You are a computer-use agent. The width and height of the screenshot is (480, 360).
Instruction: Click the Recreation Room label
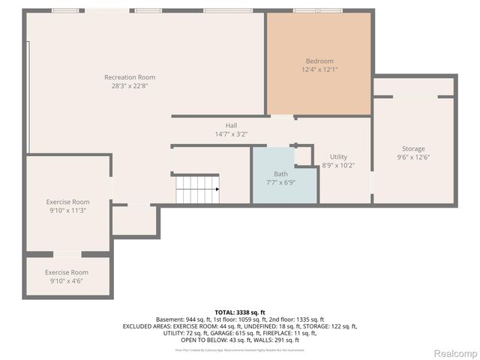coord(130,77)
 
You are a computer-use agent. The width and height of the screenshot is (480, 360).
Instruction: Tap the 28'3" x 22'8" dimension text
coord(130,85)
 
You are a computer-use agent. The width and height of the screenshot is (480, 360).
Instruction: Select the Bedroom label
coord(319,61)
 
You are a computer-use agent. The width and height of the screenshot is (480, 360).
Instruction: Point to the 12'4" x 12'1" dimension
coord(319,70)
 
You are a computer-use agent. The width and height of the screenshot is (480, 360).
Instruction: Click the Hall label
coord(231,125)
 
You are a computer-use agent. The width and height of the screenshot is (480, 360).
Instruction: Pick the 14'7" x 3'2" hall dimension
coord(231,133)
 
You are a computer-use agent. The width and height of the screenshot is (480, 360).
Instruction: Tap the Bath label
coord(280,174)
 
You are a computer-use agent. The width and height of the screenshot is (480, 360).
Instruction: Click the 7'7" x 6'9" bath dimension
coord(280,182)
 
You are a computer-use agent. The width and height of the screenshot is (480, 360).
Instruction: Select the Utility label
coord(338,157)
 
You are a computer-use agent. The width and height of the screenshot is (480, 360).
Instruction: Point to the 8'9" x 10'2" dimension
coord(338,165)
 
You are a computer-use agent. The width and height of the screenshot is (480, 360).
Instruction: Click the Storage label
coord(412,148)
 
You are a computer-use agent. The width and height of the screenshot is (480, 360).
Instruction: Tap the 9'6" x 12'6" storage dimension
coord(412,157)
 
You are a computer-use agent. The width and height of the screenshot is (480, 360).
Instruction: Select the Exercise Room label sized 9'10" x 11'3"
coord(67,202)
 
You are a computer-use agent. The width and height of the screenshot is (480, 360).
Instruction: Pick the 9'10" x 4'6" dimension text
coord(67,280)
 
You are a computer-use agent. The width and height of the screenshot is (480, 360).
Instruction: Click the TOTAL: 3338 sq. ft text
coord(239,312)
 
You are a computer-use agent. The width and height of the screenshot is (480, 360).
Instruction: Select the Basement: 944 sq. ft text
coord(182,319)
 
